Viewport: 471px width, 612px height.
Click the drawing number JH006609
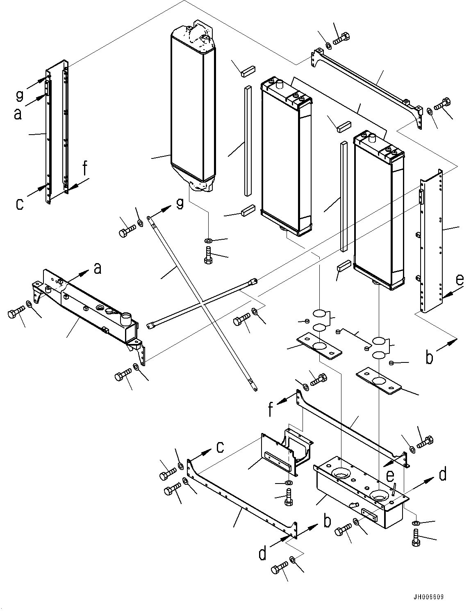[x=428, y=597]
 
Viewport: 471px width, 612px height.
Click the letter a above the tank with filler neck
[x=98, y=268]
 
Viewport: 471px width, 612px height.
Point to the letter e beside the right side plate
[x=460, y=280]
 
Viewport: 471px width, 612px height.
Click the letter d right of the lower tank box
[x=442, y=475]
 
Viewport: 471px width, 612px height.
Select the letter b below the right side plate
[x=429, y=358]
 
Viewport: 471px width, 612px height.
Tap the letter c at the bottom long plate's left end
[x=220, y=447]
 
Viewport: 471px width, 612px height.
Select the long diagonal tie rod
[x=201, y=300]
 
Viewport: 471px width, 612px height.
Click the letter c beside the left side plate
[x=19, y=204]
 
